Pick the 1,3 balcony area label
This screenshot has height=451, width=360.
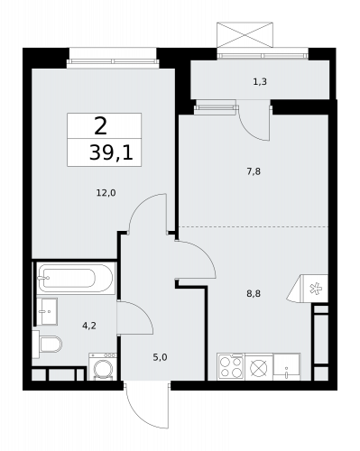pyautogui.click(x=260, y=82)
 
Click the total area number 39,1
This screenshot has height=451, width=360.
pyautogui.click(x=110, y=153)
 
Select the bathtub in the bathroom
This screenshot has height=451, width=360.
pyautogui.click(x=75, y=278)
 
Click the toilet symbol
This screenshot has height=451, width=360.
pyautogui.click(x=47, y=344)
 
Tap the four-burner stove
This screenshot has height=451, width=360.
pyautogui.click(x=229, y=367)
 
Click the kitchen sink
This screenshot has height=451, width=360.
pyautogui.click(x=289, y=368)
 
